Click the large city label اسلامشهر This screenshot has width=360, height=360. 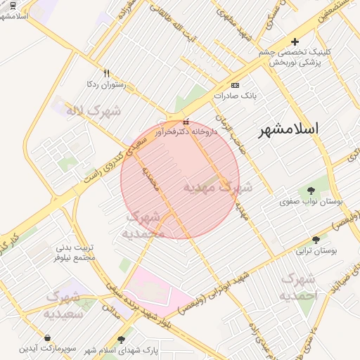click(x=289, y=129)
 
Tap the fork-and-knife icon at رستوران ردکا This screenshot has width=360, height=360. click(x=107, y=73)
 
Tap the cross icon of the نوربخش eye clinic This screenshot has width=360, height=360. click(x=295, y=42)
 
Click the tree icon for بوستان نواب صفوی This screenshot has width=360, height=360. click(x=311, y=190)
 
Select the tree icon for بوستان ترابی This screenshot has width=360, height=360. click(x=315, y=239)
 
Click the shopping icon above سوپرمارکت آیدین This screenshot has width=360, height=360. click(x=46, y=338)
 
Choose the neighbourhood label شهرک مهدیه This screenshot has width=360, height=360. click(x=217, y=188)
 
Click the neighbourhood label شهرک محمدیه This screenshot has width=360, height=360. click(x=143, y=225)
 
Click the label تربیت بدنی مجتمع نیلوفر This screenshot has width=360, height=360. click(x=75, y=252)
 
